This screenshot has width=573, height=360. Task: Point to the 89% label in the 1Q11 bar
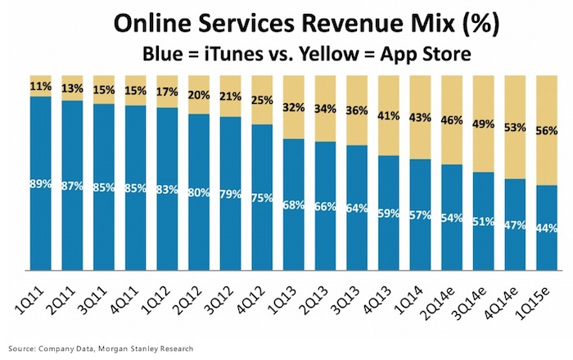(41, 184)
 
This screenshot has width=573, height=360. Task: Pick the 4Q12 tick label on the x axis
(258, 295)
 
